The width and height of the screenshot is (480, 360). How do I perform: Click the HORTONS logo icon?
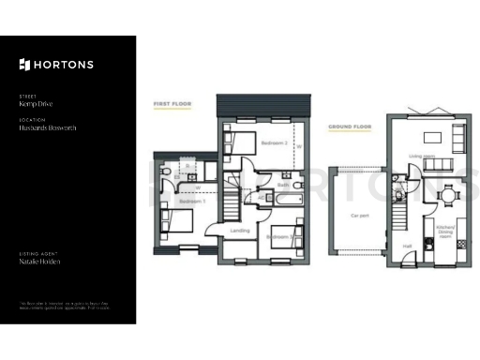[x=24, y=64]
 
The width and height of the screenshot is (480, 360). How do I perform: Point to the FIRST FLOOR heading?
[x=172, y=104]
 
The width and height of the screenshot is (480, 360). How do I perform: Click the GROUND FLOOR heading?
[x=350, y=127]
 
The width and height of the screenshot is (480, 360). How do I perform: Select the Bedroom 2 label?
[x=274, y=142]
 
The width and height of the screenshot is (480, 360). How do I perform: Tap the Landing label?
[x=238, y=230]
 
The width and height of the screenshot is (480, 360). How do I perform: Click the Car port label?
[x=359, y=215]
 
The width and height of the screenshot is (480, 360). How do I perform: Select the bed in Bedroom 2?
[x=239, y=143]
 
